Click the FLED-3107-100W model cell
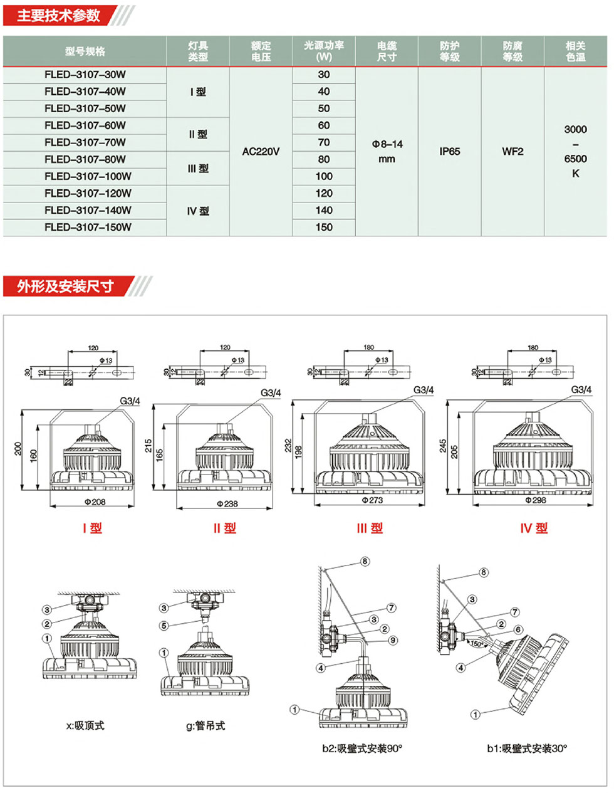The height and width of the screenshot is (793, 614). coord(88,176)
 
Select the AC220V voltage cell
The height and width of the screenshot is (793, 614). coord(261,152)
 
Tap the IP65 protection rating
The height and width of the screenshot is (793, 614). coord(449,152)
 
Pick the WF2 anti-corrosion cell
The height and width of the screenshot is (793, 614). coord(513,152)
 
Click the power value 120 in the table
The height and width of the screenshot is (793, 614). coord(324,193)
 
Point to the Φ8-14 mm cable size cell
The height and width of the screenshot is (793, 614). coord(387,152)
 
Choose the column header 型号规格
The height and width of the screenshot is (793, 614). coord(85,51)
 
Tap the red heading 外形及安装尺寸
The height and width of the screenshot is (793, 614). coord(65,286)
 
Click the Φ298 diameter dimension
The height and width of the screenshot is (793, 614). coord(535,500)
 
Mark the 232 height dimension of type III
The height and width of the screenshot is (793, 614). coord(288,446)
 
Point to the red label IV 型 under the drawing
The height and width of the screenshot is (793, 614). coord(534,528)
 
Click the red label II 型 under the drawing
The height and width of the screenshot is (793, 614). coord(224,528)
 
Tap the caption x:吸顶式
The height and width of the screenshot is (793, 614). coord(85,726)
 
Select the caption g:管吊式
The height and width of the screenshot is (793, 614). coord(206,726)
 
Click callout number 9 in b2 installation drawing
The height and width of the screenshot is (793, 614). coord(393,640)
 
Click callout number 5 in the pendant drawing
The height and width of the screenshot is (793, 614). coord(164,626)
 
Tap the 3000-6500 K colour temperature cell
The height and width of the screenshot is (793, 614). coord(575,152)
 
